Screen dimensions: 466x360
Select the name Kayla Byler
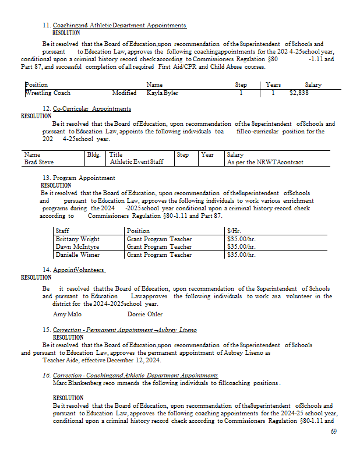click(163, 93)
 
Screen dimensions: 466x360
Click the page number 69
click(334, 432)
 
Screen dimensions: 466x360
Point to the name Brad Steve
click(38, 163)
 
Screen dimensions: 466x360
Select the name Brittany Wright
click(77, 239)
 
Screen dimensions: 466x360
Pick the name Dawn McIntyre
click(77, 246)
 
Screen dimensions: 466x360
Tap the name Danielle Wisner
click(77, 255)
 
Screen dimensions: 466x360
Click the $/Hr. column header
click(235, 231)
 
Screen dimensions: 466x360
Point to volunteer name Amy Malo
click(68, 314)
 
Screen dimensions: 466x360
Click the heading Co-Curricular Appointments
click(91, 108)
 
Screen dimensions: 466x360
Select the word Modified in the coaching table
click(125, 93)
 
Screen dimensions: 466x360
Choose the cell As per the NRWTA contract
click(265, 163)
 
